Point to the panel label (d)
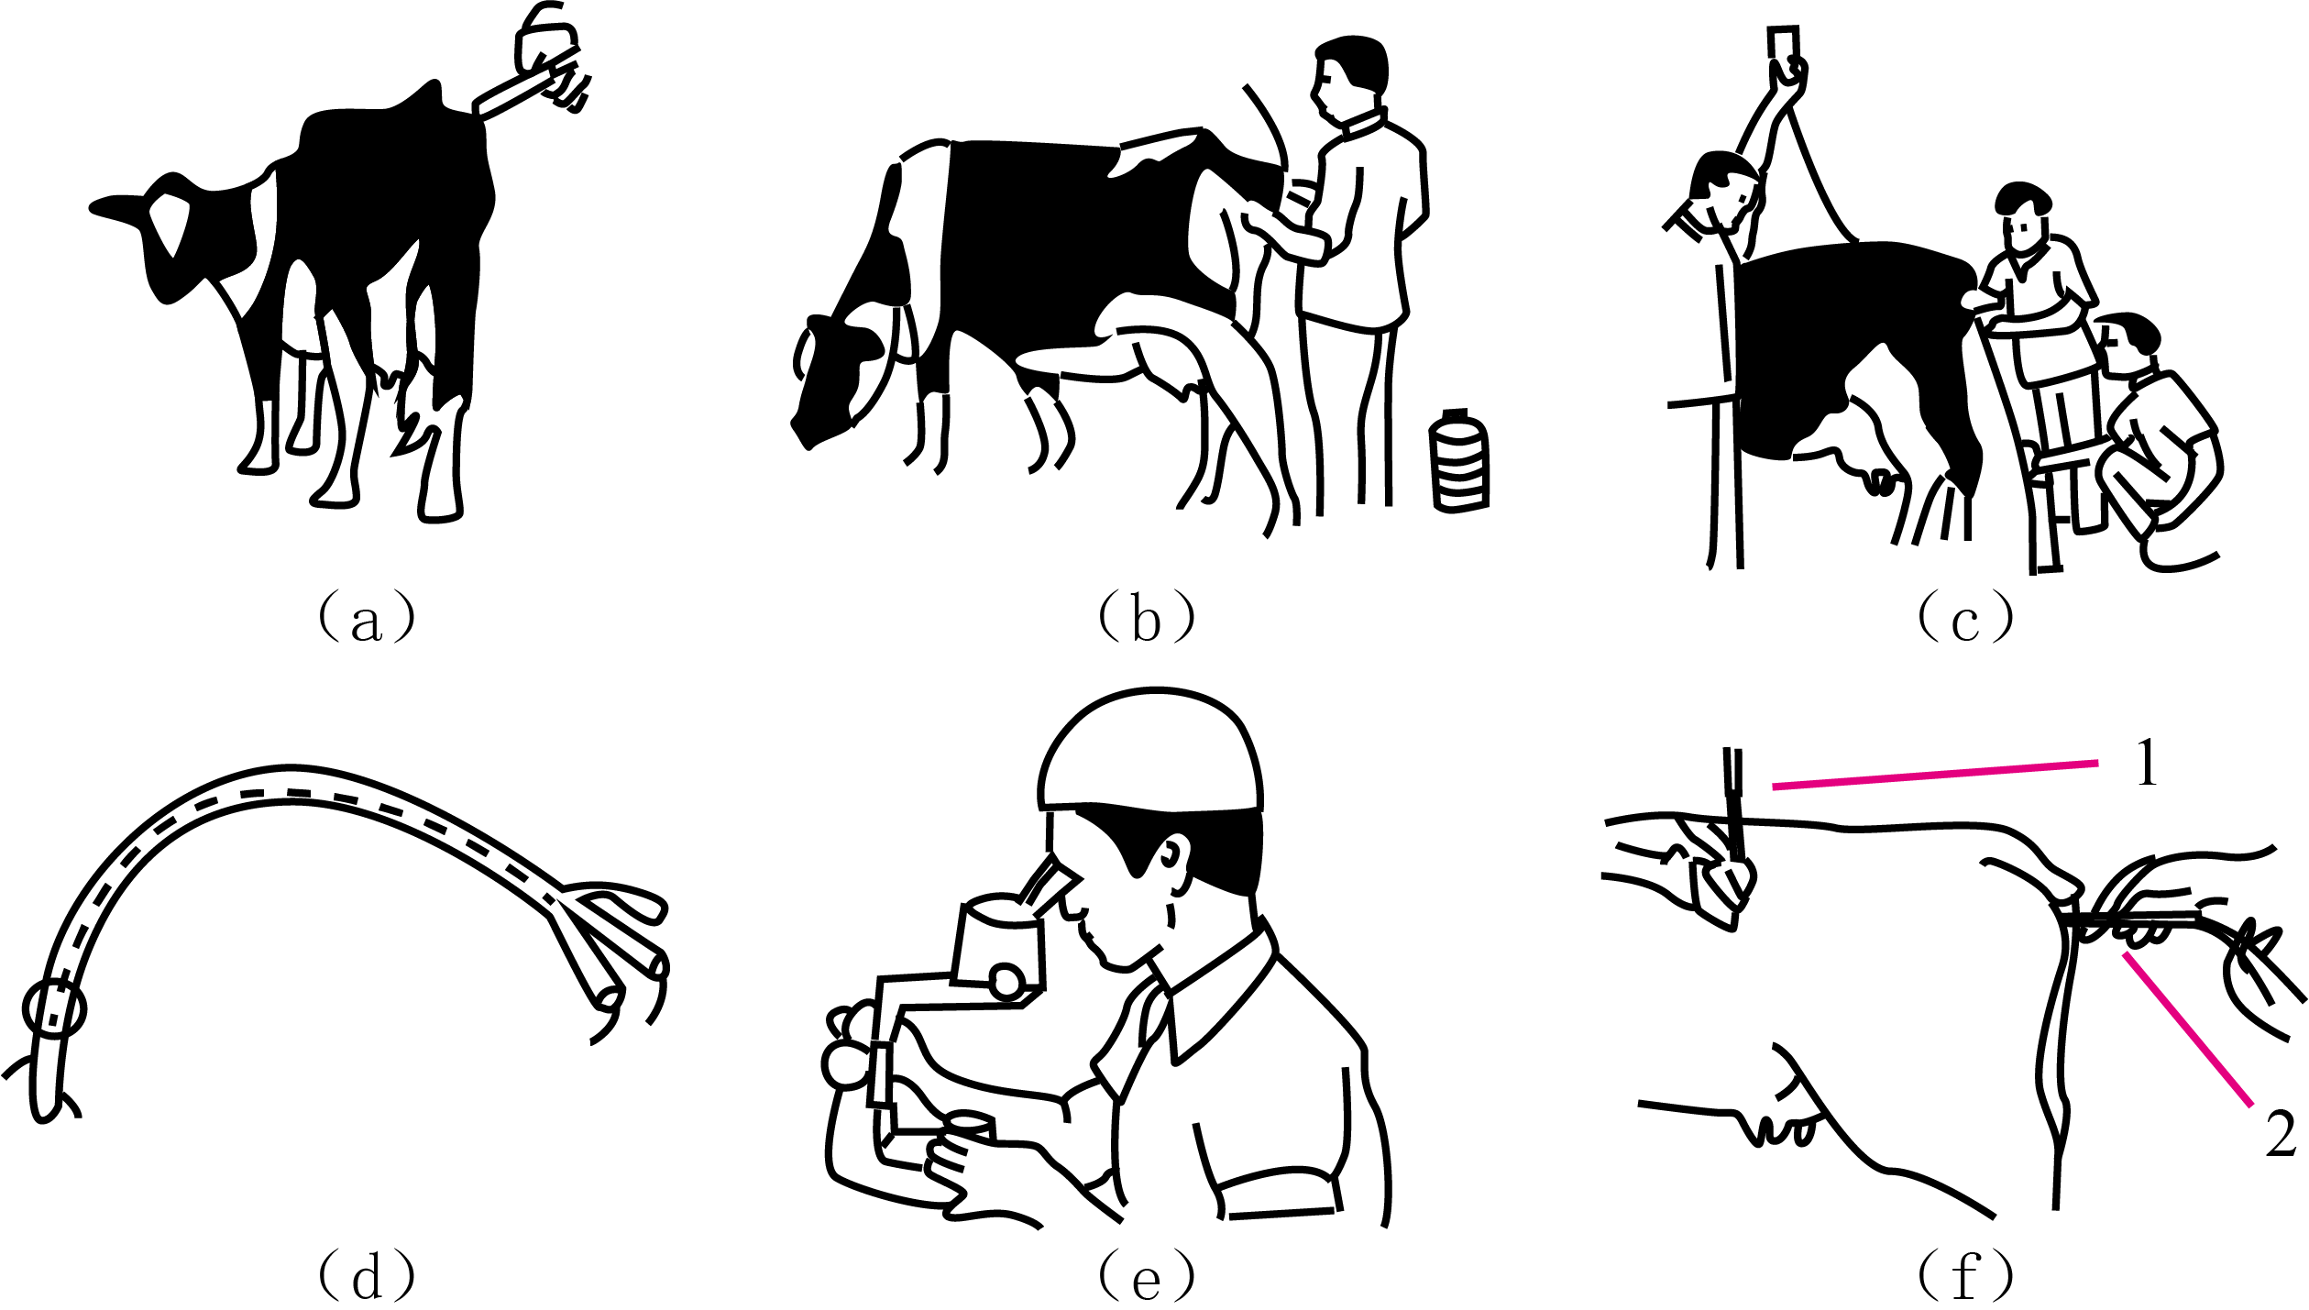[367, 1275]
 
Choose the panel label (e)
[1147, 1275]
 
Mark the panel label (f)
[1965, 1275]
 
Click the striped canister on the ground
[1459, 460]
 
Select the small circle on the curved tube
[54, 1009]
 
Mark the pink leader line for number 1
[1935, 775]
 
